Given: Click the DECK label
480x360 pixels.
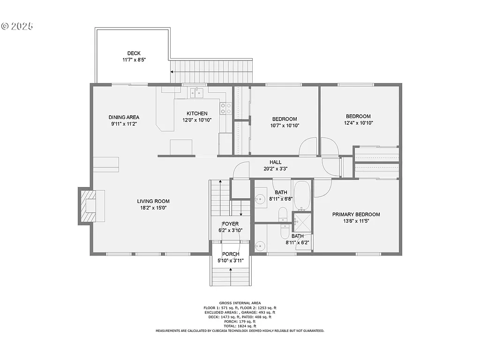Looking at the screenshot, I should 134,53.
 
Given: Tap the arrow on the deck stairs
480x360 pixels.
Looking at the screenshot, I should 172,72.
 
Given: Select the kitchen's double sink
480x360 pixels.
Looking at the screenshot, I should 196,93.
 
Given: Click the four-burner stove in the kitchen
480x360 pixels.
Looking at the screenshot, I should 226,108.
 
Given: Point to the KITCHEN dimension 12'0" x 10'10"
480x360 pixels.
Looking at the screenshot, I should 196,120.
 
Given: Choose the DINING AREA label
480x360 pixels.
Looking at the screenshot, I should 124,117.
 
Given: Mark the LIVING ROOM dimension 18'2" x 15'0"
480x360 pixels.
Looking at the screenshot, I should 153,208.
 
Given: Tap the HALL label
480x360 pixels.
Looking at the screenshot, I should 275,162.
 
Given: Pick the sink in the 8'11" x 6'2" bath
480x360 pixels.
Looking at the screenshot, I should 259,245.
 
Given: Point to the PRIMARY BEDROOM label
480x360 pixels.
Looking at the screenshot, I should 356,214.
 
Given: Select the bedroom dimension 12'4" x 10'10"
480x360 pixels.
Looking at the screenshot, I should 358,123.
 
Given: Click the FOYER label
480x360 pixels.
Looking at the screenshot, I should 230,224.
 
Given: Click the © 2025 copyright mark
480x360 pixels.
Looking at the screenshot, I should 17,26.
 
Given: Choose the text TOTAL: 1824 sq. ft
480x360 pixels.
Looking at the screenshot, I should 240,326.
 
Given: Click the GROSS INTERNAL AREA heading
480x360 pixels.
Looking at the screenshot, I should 240,303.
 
